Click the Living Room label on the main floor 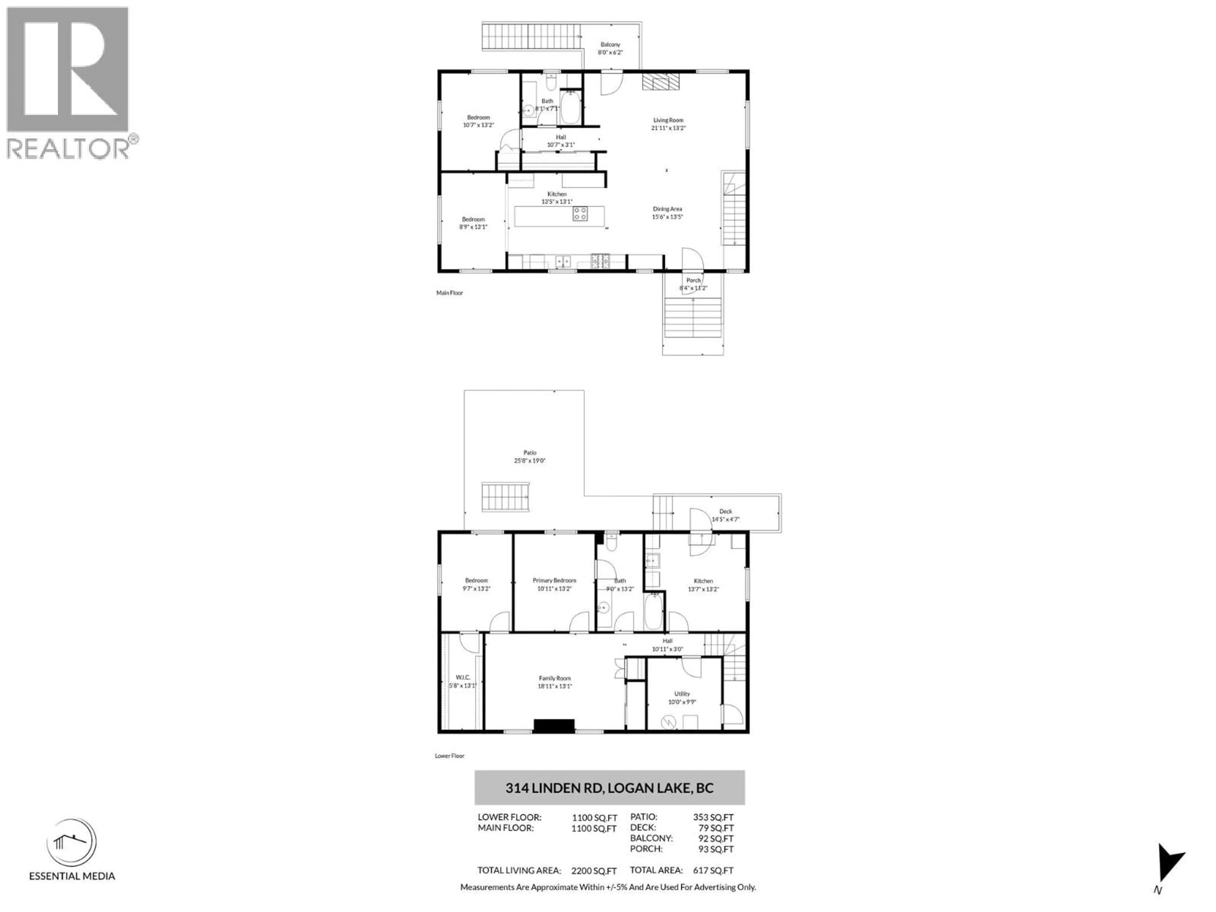pos(668,120)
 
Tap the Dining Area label pos(667,209)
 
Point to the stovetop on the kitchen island pos(580,214)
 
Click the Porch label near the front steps pos(693,280)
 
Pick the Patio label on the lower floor pos(529,453)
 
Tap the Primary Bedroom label pos(554,580)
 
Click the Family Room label pos(555,678)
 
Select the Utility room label pos(682,694)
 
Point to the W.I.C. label pos(462,677)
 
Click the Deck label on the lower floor pos(726,511)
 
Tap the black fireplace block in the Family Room pos(554,726)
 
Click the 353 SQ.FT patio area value pos(713,817)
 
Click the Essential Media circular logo pos(72,842)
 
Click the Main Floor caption pos(450,293)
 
